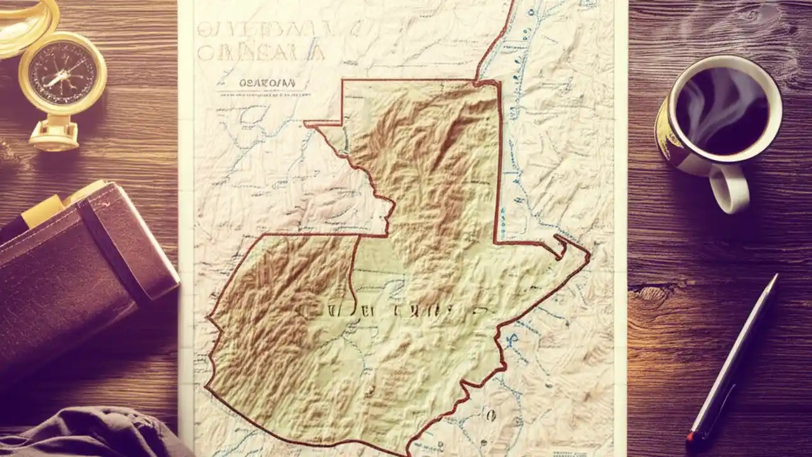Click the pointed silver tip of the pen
[774, 280]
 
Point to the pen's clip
[730, 381]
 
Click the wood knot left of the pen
[650, 293]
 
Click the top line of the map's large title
[263, 29]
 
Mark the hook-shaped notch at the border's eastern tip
[561, 244]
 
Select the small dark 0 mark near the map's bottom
[490, 416]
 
